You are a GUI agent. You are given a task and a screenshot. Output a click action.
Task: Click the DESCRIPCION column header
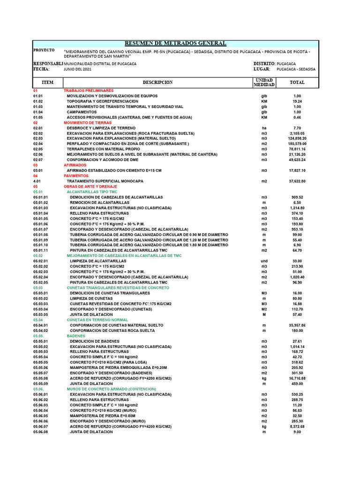[157, 82]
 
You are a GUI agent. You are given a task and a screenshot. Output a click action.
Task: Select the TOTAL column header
[297, 82]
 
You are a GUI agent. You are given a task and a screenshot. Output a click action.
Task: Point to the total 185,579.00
[297, 144]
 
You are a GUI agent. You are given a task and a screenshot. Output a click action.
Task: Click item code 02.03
[38, 138]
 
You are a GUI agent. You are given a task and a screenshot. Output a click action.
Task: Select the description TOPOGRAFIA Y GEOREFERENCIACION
[103, 101]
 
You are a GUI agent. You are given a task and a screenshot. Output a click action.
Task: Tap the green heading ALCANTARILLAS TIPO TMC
[91, 192]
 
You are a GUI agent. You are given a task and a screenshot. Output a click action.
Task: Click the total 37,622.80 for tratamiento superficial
[297, 181]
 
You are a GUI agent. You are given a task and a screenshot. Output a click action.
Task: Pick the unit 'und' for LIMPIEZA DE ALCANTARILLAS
[264, 261]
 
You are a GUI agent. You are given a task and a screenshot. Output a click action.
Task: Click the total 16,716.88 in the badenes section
[297, 378]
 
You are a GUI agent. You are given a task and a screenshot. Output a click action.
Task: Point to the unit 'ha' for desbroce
[264, 128]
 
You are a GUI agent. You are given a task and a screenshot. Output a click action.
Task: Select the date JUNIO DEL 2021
[78, 69]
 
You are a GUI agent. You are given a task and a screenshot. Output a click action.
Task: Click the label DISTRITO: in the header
[264, 63]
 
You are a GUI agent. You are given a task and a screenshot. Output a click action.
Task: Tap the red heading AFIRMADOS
[75, 165]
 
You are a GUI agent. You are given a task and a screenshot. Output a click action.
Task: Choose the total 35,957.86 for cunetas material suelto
[297, 325]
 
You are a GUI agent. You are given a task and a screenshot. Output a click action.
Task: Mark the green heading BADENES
[76, 336]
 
